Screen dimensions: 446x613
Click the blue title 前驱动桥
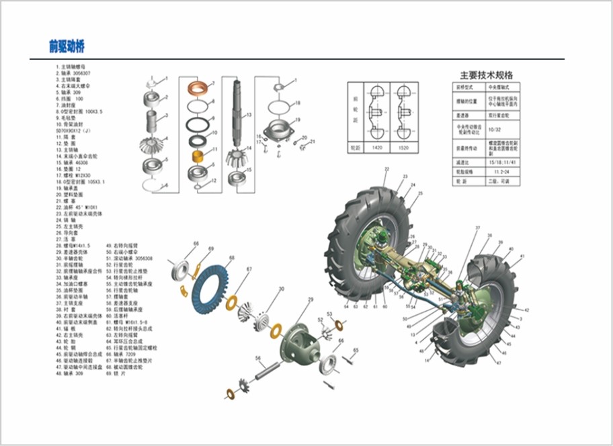tap(67, 46)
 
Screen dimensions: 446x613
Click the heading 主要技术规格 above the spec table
tap(486, 75)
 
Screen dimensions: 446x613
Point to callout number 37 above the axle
tap(478, 229)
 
